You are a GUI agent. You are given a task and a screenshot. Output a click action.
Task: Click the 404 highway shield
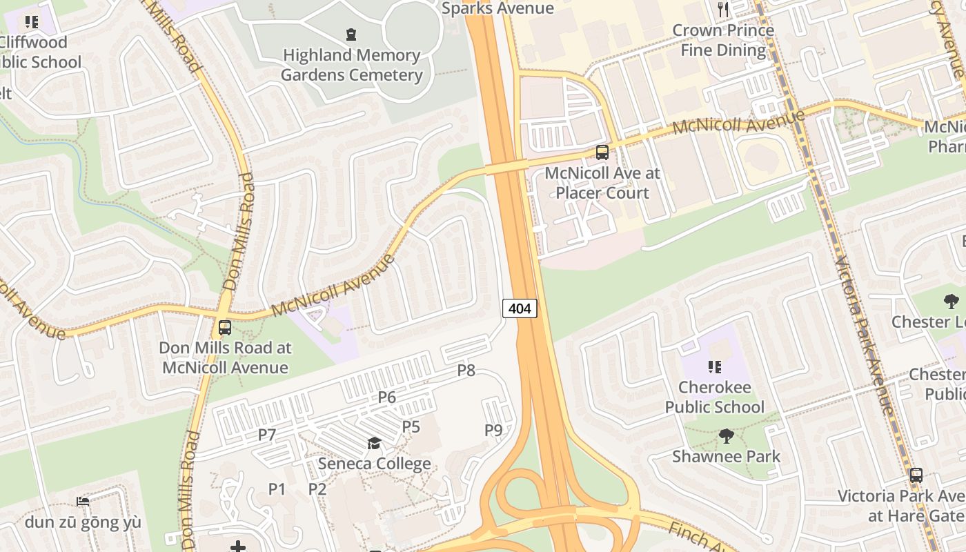click(x=520, y=308)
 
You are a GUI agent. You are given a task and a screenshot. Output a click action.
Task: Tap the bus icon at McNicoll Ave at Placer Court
click(x=602, y=152)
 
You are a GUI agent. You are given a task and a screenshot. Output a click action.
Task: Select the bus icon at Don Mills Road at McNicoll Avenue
click(x=224, y=328)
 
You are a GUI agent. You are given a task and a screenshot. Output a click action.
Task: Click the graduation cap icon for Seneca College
click(x=374, y=443)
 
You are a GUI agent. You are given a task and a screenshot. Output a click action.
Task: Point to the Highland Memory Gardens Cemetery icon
click(x=351, y=34)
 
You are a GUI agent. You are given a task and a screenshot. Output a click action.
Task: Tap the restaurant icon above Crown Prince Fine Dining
click(x=723, y=10)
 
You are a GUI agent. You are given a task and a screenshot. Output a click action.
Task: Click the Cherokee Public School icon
click(x=714, y=366)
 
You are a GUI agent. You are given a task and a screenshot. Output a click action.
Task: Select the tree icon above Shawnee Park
click(x=726, y=435)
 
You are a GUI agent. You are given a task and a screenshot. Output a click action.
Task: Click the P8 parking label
click(x=466, y=371)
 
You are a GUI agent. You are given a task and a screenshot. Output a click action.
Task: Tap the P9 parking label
click(x=493, y=431)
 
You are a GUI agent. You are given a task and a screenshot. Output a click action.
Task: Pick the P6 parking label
click(x=387, y=397)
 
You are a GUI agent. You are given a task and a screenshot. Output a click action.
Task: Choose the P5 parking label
click(x=411, y=426)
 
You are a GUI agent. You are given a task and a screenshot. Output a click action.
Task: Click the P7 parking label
click(x=267, y=435)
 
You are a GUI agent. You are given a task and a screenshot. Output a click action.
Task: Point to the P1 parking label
click(x=277, y=489)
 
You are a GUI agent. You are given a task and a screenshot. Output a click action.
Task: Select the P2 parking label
click(x=317, y=489)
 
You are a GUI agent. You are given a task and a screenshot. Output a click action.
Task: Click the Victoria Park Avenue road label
click(x=865, y=335)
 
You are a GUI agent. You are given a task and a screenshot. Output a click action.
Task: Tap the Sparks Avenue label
click(x=497, y=8)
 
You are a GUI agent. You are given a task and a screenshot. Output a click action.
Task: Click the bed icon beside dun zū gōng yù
click(x=83, y=501)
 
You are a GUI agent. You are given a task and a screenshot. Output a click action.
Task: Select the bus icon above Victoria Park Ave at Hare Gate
click(x=916, y=475)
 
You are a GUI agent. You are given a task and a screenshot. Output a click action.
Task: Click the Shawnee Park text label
click(x=727, y=456)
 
